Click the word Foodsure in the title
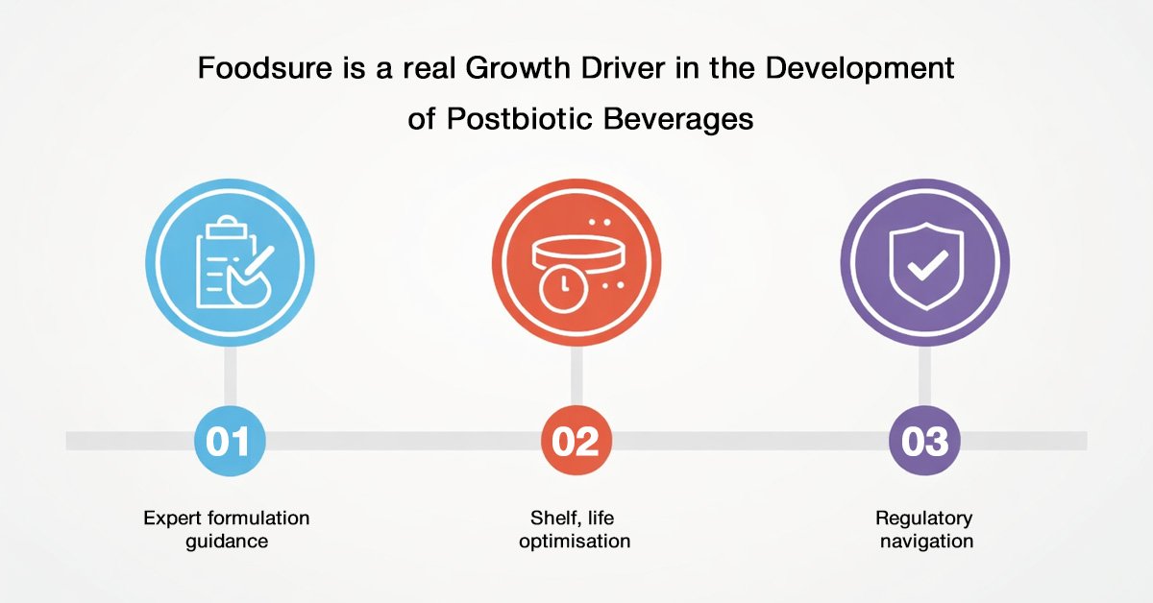click(265, 68)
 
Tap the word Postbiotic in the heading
click(520, 119)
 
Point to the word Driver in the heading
click(624, 68)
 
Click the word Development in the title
click(860, 69)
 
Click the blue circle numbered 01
click(230, 441)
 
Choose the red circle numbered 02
click(576, 441)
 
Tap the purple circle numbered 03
click(925, 441)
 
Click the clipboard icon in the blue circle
click(234, 261)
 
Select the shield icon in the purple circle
click(926, 266)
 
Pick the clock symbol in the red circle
click(563, 288)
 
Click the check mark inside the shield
click(927, 265)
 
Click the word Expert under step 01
click(171, 519)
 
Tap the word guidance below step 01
click(227, 542)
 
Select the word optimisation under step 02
click(575, 542)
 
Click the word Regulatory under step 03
click(924, 519)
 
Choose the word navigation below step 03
click(926, 542)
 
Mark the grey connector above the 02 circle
click(576, 376)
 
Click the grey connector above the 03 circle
click(925, 376)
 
